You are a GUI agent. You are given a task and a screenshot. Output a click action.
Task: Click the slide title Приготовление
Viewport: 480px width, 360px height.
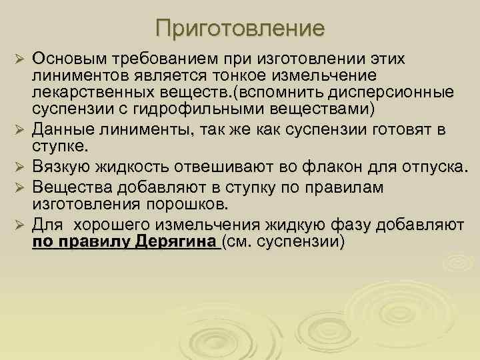tap(240, 28)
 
